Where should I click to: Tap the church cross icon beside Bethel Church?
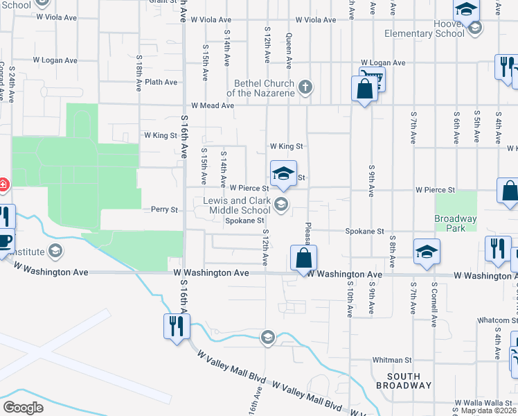305,87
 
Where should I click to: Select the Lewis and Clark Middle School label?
237,205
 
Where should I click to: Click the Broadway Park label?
456,224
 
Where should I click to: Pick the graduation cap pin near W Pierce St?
283,174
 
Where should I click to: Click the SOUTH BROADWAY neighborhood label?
408,381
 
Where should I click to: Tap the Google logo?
24,407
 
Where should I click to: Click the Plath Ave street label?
161,82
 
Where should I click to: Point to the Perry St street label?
165,209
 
